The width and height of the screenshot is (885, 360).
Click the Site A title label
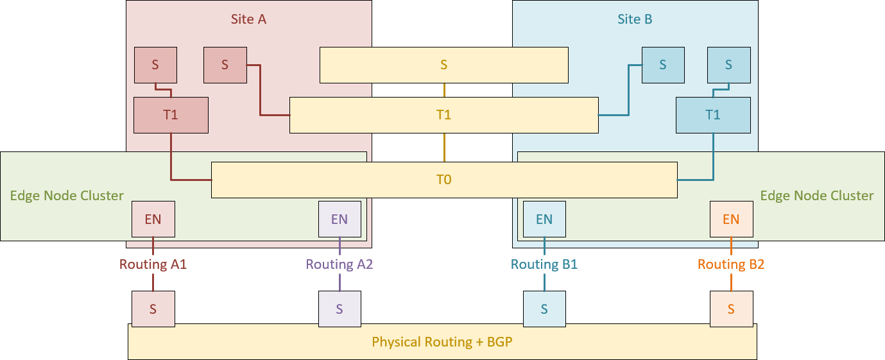click(248, 19)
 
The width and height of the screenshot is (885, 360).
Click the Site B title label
click(635, 19)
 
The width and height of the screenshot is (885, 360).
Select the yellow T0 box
click(444, 180)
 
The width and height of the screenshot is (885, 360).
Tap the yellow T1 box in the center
click(444, 115)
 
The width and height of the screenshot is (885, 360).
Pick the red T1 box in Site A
click(171, 115)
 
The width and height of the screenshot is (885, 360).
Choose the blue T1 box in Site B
click(713, 115)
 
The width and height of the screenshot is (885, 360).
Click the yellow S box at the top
click(444, 65)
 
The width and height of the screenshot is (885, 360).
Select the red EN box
click(153, 219)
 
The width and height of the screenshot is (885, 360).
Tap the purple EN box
click(339, 219)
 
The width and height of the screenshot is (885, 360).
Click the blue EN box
click(544, 219)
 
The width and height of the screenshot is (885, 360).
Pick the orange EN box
click(731, 219)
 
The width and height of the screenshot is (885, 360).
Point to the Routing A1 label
click(153, 264)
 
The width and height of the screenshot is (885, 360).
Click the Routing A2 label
click(339, 264)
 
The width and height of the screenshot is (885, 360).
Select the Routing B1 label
click(544, 264)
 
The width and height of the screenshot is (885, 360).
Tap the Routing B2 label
click(731, 264)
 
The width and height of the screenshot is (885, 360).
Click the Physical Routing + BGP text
click(442, 342)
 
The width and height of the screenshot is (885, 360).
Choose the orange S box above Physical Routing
click(731, 309)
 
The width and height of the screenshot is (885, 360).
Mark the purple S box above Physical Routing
click(339, 309)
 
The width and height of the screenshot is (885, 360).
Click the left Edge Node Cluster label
click(67, 196)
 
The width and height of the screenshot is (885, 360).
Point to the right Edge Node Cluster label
click(816, 196)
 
